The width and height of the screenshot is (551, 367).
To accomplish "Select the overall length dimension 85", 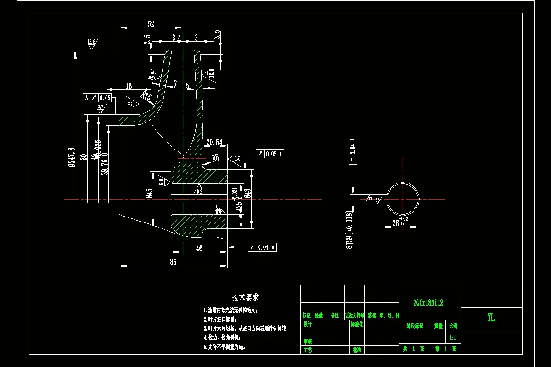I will [173, 262].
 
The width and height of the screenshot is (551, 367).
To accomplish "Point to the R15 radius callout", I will [146, 96].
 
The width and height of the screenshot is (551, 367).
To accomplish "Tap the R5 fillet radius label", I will [215, 158].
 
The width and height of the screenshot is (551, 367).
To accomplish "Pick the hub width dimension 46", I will [199, 248].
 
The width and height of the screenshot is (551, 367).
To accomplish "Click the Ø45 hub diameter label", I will [150, 193].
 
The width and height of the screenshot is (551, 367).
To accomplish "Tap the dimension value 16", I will [129, 86].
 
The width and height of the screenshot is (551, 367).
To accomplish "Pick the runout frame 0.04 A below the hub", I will [263, 247].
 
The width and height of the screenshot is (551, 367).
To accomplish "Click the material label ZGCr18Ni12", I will [429, 303].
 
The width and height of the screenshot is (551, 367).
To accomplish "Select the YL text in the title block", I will [491, 317].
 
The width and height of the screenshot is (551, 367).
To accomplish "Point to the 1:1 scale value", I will [453, 338].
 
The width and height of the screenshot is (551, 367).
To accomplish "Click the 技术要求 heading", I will [245, 298].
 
